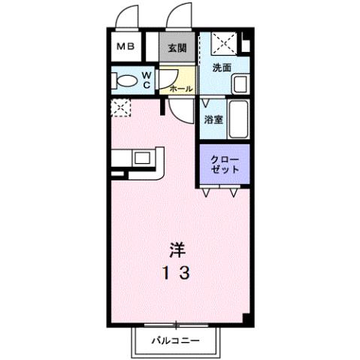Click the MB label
(x=125, y=47)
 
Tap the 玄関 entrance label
(x=177, y=47)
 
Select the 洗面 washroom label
(x=221, y=68)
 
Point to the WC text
(x=147, y=80)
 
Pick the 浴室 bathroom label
(x=213, y=119)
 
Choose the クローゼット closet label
(x=225, y=165)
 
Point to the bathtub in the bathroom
(x=238, y=118)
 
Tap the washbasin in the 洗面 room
(x=240, y=83)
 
